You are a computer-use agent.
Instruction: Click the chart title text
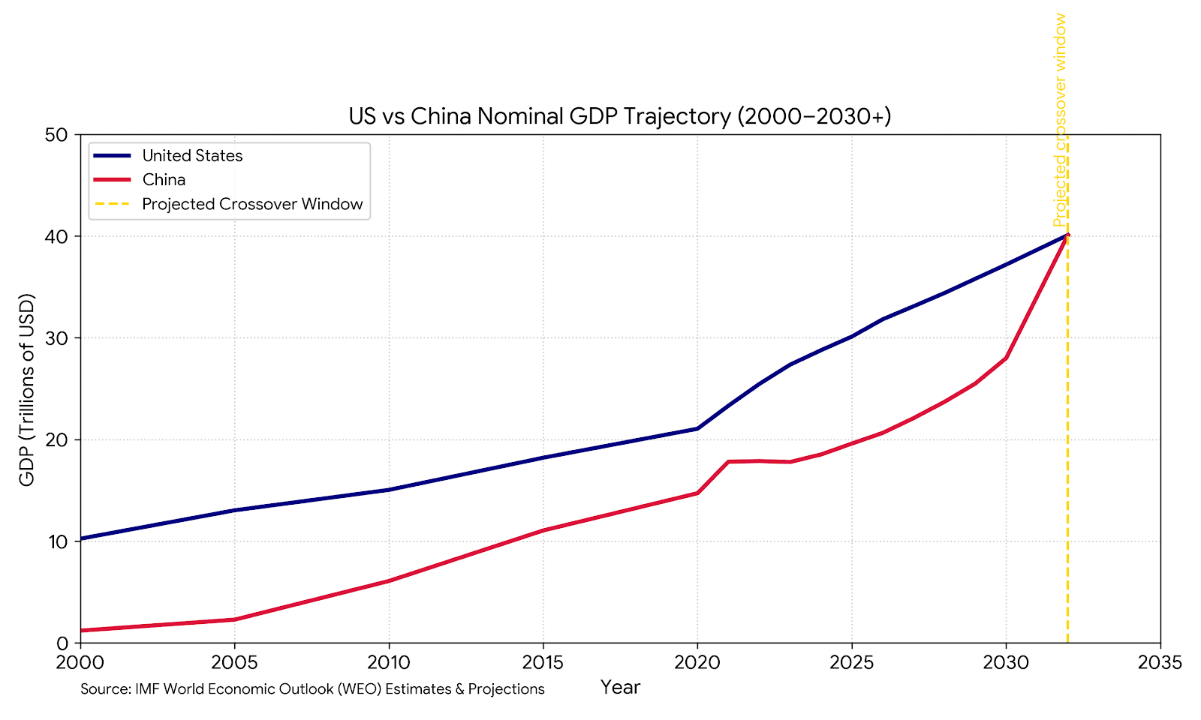tap(620, 117)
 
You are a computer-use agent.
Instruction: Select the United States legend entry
tap(192, 156)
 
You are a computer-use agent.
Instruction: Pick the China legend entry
tap(164, 180)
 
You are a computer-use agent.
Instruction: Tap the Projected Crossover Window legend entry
tap(252, 204)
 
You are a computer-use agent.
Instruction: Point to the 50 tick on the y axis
tap(57, 136)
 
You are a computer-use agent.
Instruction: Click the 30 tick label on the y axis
tap(57, 338)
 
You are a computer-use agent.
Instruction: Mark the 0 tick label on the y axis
tap(62, 643)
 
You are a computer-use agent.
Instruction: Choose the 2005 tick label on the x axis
tap(234, 663)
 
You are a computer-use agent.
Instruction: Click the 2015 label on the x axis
tap(543, 663)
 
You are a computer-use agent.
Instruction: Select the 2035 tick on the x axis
tap(1160, 663)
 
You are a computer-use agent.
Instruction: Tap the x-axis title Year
tap(620, 687)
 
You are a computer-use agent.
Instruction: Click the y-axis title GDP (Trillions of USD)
tap(27, 390)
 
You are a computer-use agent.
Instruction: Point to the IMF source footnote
tap(312, 689)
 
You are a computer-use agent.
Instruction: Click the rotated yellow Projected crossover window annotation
tap(1060, 120)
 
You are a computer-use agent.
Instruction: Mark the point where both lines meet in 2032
tap(1067, 235)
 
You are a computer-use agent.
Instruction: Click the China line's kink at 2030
tap(1006, 358)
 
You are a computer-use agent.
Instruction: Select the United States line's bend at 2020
tap(697, 428)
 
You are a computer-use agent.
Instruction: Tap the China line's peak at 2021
tap(728, 461)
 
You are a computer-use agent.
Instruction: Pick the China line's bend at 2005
tap(234, 619)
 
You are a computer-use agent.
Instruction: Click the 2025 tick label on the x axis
tap(851, 663)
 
